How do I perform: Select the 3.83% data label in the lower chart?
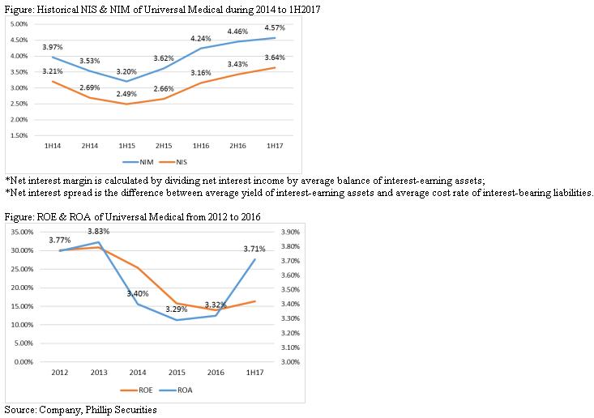99,231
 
